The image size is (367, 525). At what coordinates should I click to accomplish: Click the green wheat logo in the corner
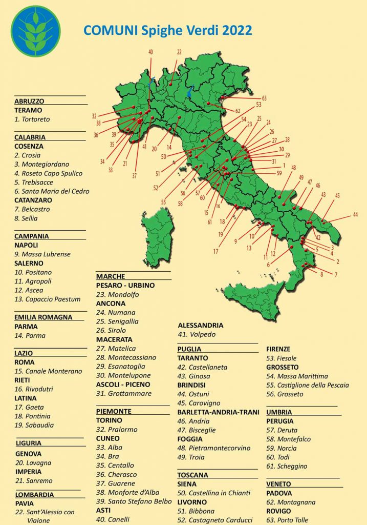35,31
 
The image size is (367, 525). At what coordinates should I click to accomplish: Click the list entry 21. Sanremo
34,481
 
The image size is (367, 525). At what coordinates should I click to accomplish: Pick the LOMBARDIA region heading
34,495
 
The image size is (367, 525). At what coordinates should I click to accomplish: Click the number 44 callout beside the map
355,215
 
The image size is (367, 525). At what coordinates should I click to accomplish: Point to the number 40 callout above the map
150,52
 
